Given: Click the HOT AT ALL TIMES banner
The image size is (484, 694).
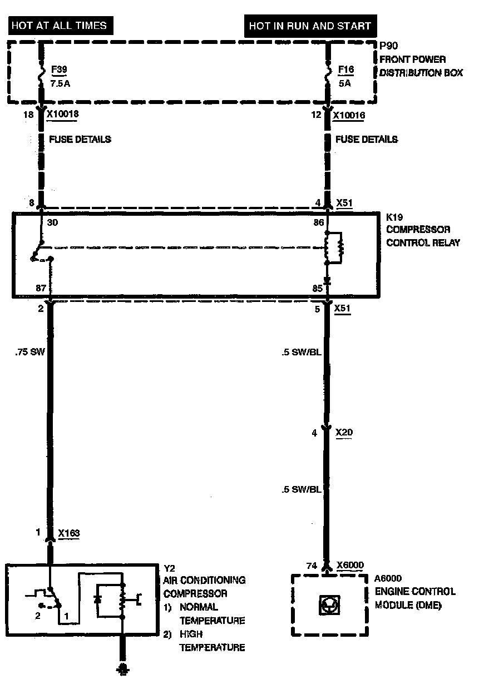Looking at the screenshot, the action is [x=61, y=26].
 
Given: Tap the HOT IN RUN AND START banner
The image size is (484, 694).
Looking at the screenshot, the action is [x=310, y=26].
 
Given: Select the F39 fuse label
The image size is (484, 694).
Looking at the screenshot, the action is [x=59, y=70].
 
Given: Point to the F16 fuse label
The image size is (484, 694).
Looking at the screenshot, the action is [x=346, y=70].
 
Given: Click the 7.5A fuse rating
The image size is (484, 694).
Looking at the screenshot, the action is [x=61, y=83].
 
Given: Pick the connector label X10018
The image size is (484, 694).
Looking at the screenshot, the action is [x=63, y=114].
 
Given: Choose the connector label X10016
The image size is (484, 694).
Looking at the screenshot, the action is [x=349, y=115].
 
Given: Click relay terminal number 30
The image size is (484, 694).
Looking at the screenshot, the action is [x=52, y=222].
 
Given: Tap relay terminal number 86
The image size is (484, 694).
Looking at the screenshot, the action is [x=319, y=222].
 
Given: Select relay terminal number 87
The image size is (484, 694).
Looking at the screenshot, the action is [x=41, y=288].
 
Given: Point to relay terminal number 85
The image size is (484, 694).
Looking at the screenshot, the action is [x=317, y=289].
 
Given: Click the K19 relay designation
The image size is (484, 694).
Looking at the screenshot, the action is [x=394, y=217].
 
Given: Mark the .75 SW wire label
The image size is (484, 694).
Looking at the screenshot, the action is [x=30, y=352].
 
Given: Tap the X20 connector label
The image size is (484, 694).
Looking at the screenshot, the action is [x=344, y=432].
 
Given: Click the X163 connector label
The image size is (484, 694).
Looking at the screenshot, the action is [x=69, y=533].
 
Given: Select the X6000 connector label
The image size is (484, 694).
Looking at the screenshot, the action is [x=350, y=565].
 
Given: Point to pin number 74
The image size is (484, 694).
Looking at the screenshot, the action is [x=312, y=566].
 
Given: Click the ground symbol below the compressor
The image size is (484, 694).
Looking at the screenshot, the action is [x=123, y=668].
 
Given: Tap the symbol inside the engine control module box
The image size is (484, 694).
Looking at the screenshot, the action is [x=329, y=605].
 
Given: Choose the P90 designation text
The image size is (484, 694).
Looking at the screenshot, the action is [x=388, y=46].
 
